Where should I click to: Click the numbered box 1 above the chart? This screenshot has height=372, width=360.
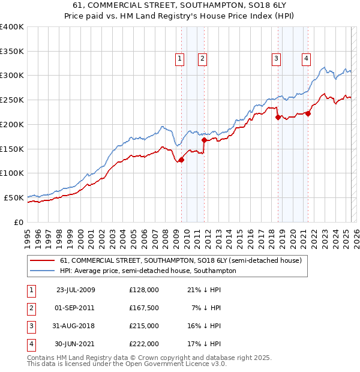pos(180,58)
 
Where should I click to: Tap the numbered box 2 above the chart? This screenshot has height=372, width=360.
pos(203,58)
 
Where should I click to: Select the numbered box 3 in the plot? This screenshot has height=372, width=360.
pos(276,58)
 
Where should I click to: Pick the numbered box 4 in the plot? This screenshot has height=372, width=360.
pos(306,58)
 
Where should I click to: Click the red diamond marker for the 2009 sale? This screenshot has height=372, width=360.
pos(181,160)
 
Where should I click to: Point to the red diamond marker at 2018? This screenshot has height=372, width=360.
pos(278,118)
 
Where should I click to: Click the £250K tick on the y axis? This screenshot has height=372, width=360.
pos(12,100)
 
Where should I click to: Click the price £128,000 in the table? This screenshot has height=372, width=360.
pos(143,290)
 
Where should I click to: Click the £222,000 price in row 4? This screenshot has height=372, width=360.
pos(143,344)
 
